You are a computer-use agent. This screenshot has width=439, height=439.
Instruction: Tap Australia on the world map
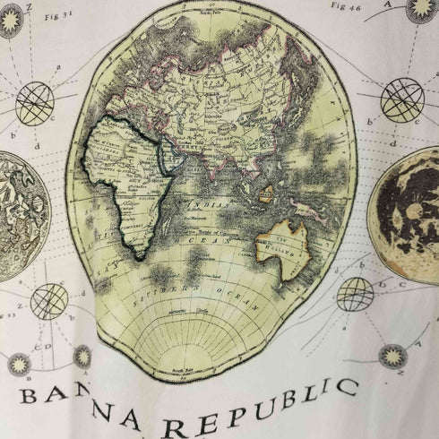click(285, 244)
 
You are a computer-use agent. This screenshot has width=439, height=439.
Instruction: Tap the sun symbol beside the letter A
click(421, 9)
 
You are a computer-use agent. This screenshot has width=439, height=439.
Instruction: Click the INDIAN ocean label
click(209, 205)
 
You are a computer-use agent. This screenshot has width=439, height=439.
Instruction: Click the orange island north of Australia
click(264, 191)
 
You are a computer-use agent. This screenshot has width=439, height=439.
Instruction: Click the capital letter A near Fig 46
click(389, 4)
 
